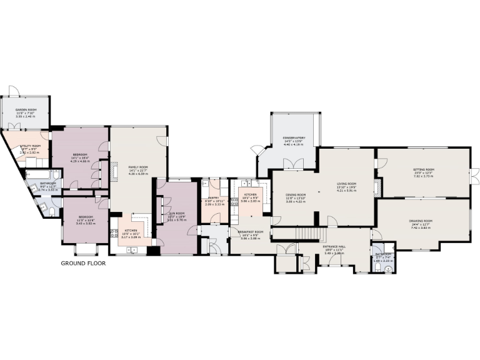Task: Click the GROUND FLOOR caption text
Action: point(83,264)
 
